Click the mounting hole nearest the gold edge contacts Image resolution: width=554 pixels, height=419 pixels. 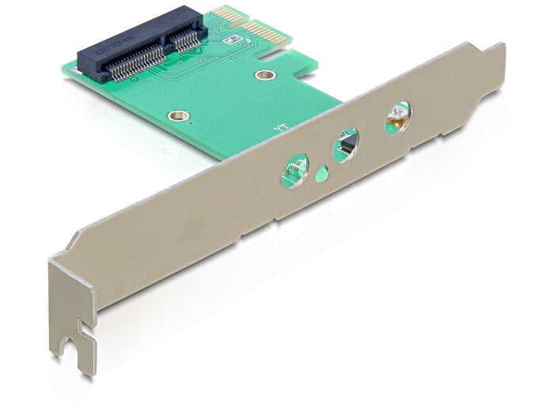tap(265, 75)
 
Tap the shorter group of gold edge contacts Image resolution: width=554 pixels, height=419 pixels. tap(226, 14)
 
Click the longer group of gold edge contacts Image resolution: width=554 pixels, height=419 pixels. tap(267, 32)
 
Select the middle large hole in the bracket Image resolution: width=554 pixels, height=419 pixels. tap(346, 145)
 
